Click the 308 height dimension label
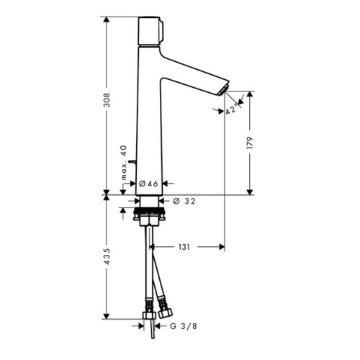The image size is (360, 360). pyautogui.click(x=107, y=100)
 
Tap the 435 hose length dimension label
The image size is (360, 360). pyautogui.click(x=107, y=256)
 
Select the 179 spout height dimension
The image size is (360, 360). pyautogui.click(x=250, y=143)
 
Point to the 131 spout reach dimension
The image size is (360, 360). pyautogui.click(x=184, y=247)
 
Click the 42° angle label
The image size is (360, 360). pyautogui.click(x=231, y=109)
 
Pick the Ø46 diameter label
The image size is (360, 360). pyautogui.click(x=148, y=184)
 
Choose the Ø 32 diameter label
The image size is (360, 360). pyautogui.click(x=184, y=201)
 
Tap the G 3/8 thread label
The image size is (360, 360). pyautogui.click(x=184, y=326)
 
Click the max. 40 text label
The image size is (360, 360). pyautogui.click(x=124, y=163)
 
